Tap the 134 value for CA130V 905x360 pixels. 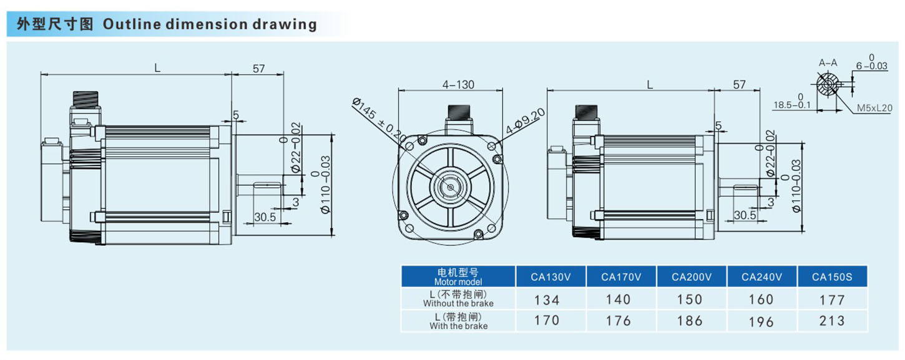547,300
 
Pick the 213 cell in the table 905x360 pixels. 832,321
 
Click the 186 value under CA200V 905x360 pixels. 690,321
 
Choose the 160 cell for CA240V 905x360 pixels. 761,299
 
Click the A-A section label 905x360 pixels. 828,62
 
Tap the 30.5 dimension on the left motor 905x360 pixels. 265,216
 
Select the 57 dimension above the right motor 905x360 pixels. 740,85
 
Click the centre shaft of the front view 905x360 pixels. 448,185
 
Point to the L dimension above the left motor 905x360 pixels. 157,67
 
